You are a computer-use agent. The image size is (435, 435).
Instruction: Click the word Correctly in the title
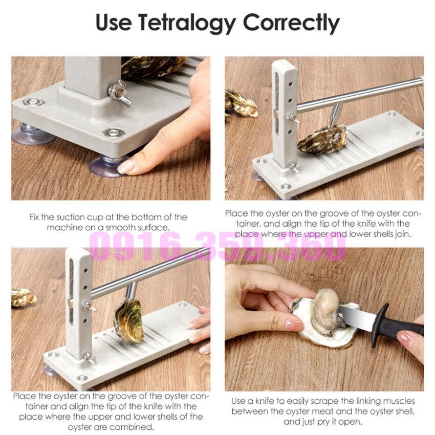(x=291, y=23)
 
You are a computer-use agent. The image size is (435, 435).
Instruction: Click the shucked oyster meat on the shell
(x=327, y=311)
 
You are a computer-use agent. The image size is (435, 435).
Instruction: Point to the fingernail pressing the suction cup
(x=125, y=166)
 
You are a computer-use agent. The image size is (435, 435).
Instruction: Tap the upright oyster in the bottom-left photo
(x=129, y=321)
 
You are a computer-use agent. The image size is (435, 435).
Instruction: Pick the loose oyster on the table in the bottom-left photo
(x=23, y=297)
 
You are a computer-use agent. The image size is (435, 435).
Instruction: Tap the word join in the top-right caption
(x=403, y=234)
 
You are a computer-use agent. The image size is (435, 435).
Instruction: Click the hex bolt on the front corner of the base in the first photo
(x=114, y=133)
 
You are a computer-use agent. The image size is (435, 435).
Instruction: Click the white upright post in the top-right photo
(x=285, y=114)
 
